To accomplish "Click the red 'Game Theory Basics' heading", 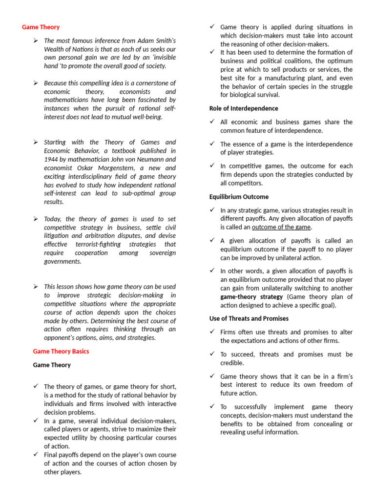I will (61, 351).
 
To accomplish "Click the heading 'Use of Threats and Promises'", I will (249, 318).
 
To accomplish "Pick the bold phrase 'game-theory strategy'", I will (251, 296).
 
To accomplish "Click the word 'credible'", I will (232, 363).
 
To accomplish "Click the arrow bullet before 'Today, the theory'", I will (36, 219).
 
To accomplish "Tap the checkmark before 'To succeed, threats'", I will (212, 354).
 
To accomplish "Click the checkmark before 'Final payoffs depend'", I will (36, 454).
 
